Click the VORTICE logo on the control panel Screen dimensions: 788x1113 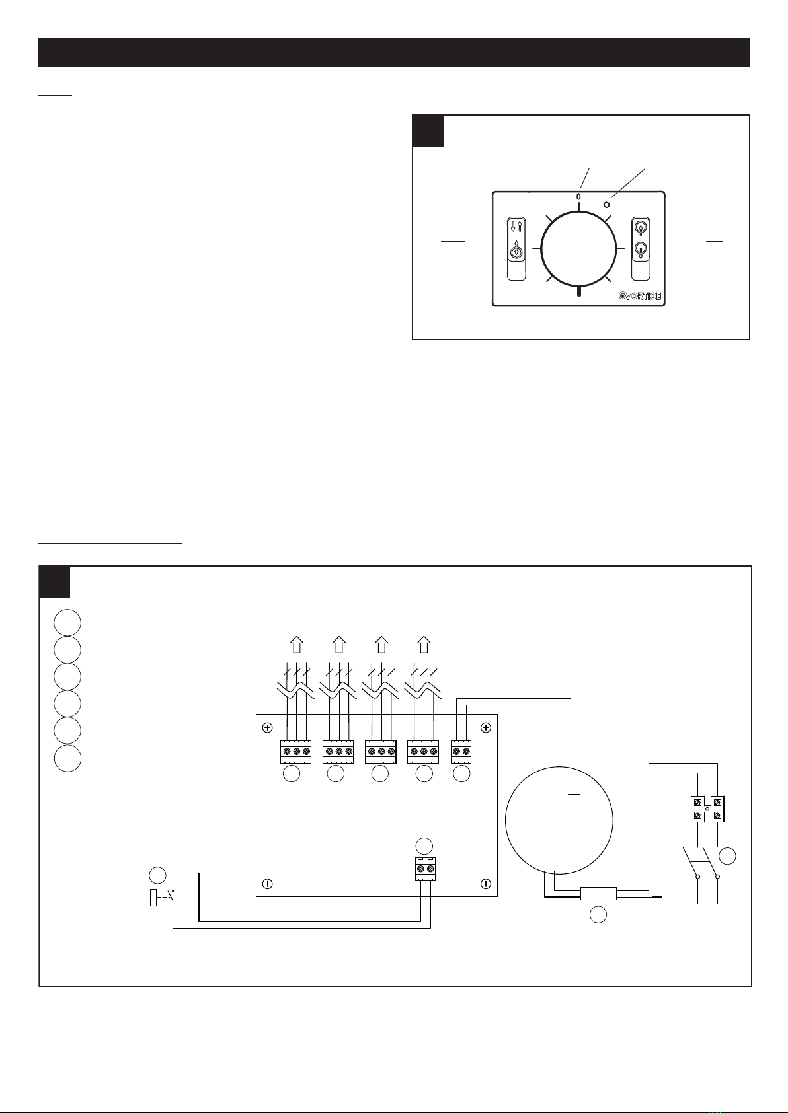639,295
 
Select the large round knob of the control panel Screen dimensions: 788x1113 578,249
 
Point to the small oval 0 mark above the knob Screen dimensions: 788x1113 578,196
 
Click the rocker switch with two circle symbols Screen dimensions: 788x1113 640,249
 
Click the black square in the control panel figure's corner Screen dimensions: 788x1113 428,130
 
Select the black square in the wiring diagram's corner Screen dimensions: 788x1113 55,581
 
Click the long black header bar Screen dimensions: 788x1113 393,52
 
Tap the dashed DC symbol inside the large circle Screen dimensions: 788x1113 572,795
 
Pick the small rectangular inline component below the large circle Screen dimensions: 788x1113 598,894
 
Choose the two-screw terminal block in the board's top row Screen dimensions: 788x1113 461,752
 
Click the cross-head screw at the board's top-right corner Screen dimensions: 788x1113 486,728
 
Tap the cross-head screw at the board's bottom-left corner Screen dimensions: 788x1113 267,883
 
